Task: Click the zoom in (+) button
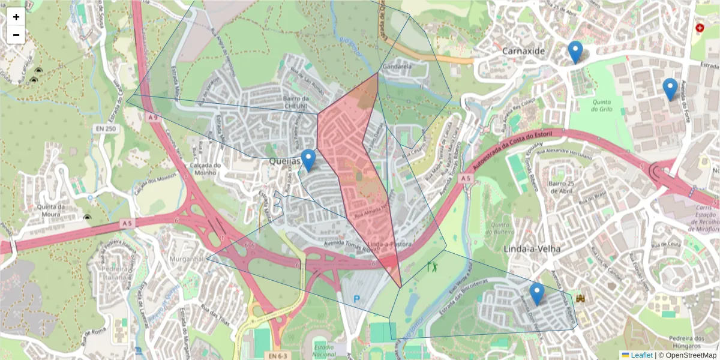pos(16,17)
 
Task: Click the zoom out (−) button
pos(16,35)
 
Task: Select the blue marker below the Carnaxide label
pos(575,52)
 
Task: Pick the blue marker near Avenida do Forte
pos(670,89)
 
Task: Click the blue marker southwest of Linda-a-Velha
pos(537,294)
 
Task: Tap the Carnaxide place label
pos(524,52)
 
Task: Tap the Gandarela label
pos(397,66)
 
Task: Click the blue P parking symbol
pos(357,299)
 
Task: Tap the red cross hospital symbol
pos(699,28)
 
